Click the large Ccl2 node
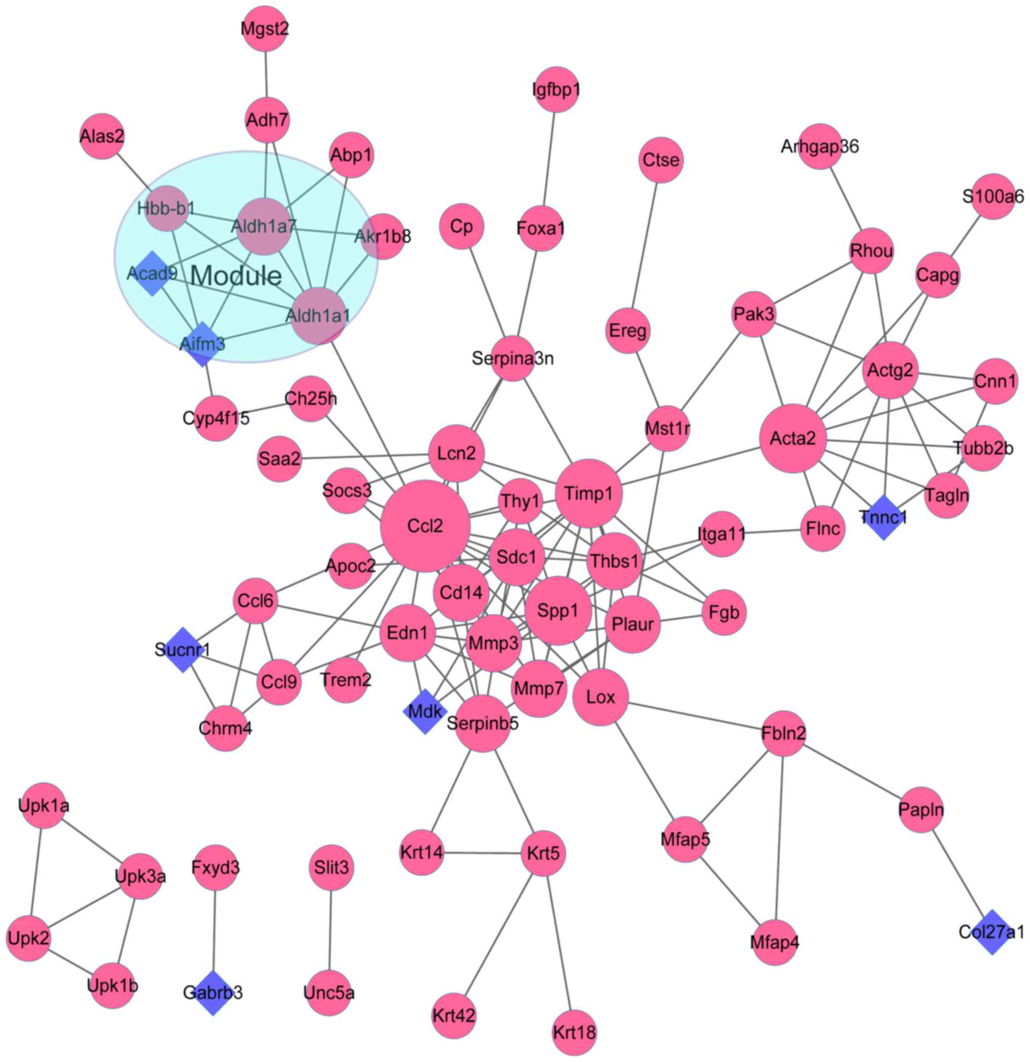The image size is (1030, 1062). coord(425,525)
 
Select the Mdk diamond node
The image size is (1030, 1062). coord(425,711)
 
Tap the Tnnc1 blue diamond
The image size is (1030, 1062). coord(883,517)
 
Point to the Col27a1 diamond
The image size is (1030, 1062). coord(991,932)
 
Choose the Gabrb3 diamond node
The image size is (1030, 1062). coord(213,993)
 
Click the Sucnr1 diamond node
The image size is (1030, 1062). coord(183,650)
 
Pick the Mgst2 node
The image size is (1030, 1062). coord(265,29)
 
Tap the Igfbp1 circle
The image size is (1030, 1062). coord(556,89)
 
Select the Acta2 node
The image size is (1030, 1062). coord(793,438)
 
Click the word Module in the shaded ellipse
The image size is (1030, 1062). coord(236,276)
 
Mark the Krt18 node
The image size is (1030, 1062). coord(574,1033)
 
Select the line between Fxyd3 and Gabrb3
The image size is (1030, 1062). coord(215,930)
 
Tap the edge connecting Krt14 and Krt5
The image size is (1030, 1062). coord(482,854)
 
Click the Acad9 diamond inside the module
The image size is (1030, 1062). coord(152,273)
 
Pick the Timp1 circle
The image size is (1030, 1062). coord(588,493)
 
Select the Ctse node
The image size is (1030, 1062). coord(660,160)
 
